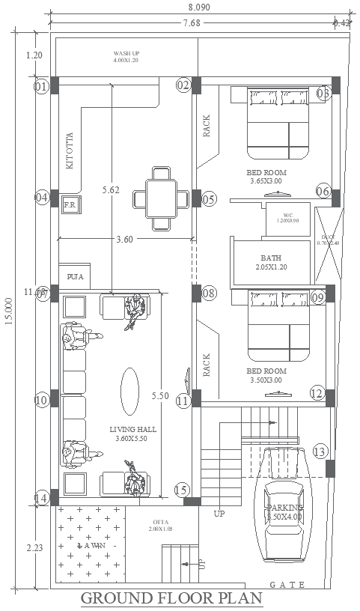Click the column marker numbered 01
(x=40, y=86)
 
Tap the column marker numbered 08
(x=209, y=293)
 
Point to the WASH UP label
(x=126, y=54)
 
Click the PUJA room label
(x=75, y=276)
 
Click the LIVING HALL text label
(x=132, y=429)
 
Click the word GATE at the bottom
(x=288, y=584)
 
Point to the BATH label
(x=271, y=258)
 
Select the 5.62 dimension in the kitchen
(x=111, y=190)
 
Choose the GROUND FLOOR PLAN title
(x=171, y=598)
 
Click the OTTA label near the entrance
(x=161, y=522)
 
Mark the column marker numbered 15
(x=181, y=490)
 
